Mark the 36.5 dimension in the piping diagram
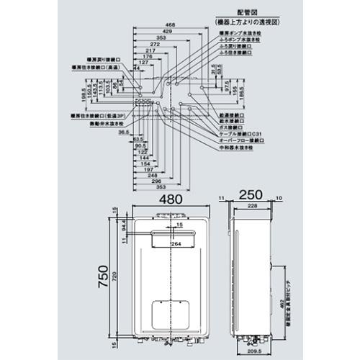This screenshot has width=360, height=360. pyautogui.click(x=125, y=132)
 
